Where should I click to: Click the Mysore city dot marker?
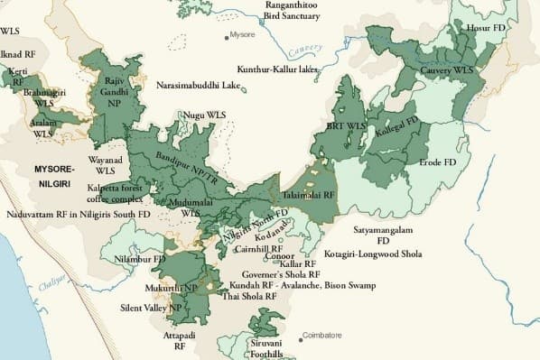pyautogui.click(x=227, y=37)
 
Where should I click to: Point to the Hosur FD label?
pyautogui.click(x=485, y=30)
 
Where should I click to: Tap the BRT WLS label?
pyautogui.click(x=349, y=125)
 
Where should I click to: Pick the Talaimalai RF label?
pyautogui.click(x=310, y=193)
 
